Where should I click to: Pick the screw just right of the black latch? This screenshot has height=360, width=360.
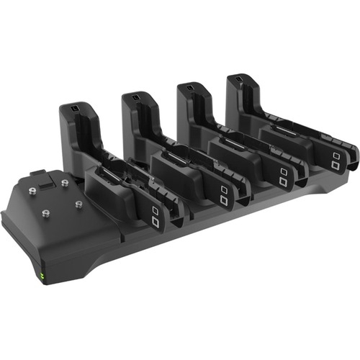[x=64, y=182]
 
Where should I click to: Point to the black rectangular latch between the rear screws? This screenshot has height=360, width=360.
[x=44, y=184]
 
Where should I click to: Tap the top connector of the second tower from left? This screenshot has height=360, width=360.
[x=134, y=96]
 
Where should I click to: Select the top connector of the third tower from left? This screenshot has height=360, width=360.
[x=189, y=87]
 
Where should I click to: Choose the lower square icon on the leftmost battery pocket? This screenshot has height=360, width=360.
[x=156, y=221]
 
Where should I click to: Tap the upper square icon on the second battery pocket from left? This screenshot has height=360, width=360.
[x=224, y=189]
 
